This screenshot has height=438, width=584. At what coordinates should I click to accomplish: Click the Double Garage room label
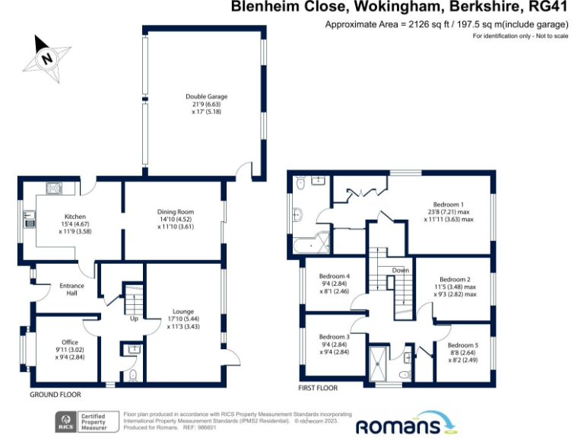207,97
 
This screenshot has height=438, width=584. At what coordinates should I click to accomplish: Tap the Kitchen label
75,217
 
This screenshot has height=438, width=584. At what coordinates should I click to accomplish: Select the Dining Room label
176,211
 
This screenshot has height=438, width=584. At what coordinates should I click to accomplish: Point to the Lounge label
182,311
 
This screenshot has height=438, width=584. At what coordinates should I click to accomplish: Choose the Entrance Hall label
73,290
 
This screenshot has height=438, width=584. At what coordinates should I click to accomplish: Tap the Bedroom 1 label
448,205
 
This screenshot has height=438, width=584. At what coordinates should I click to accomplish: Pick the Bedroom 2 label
455,279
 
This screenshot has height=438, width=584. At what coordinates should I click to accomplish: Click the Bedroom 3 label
334,337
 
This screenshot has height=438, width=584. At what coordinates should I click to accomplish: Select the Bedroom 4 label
334,276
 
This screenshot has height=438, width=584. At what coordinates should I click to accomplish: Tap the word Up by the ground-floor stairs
135,318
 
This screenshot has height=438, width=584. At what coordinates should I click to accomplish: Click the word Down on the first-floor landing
401,271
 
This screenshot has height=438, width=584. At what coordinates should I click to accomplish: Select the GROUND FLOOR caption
55,395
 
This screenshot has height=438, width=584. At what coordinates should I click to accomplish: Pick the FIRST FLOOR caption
317,388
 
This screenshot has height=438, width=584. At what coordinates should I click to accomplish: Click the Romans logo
408,424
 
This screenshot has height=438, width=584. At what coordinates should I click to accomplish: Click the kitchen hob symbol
54,188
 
